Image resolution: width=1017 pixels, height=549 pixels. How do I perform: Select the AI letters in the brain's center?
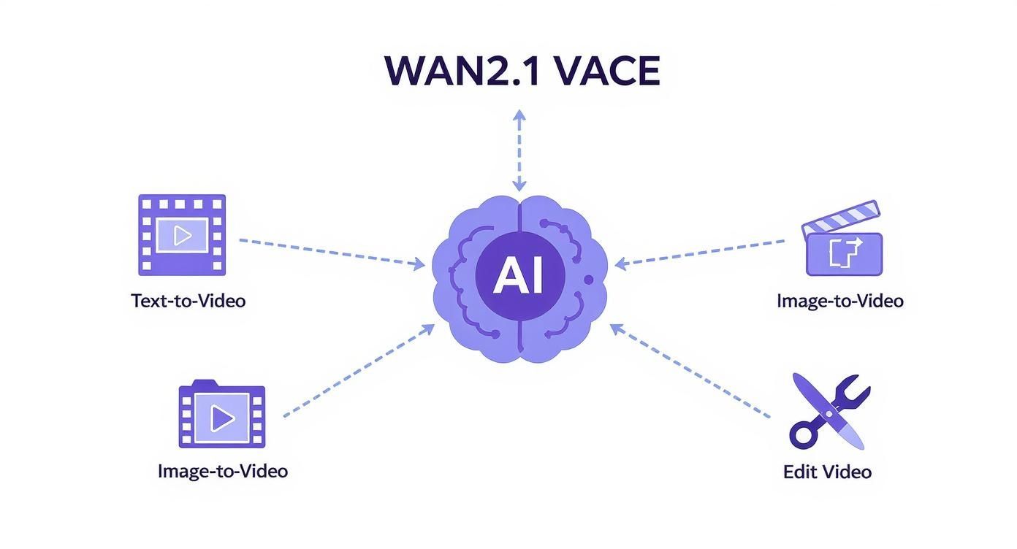point(519,276)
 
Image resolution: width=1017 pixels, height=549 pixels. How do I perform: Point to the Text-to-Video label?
point(188,300)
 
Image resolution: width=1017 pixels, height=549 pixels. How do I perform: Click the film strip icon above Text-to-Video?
point(182,234)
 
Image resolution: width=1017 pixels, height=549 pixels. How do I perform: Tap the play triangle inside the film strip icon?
point(183,235)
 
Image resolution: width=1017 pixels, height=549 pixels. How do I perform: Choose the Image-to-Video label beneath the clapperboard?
point(839,300)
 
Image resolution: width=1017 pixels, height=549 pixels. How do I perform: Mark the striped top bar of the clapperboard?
point(840,218)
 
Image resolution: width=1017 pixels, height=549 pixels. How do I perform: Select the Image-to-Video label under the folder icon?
point(223,471)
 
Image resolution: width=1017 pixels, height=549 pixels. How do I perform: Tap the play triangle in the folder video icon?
point(222,418)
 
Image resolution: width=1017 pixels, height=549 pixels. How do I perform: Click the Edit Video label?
point(827,472)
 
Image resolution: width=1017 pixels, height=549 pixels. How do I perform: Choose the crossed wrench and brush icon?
point(829,410)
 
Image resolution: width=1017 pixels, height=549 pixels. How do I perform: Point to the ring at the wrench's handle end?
point(804,436)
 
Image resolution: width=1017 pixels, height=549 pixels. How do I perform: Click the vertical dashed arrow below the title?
point(519,150)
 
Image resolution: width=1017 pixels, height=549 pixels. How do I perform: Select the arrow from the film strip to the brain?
point(332,252)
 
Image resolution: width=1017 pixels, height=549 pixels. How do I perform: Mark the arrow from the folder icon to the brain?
point(359,371)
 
